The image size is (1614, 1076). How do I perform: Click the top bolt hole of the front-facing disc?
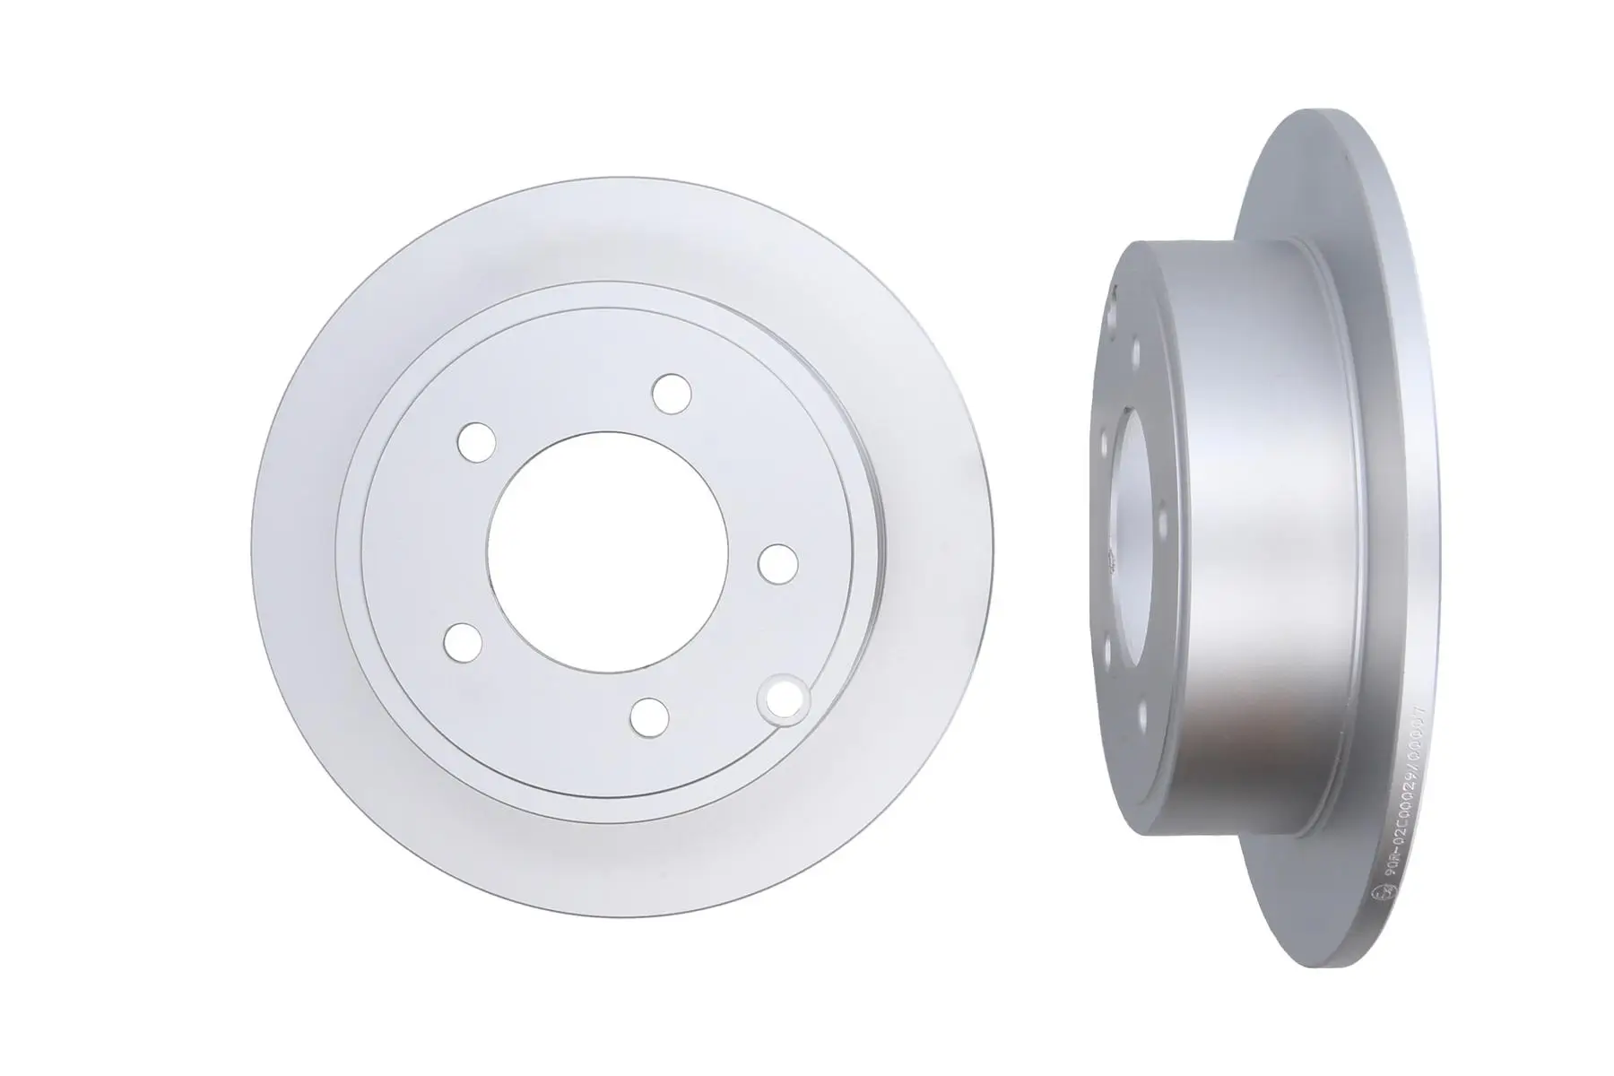tap(672, 393)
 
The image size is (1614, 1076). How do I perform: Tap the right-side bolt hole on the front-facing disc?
tap(777, 563)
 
